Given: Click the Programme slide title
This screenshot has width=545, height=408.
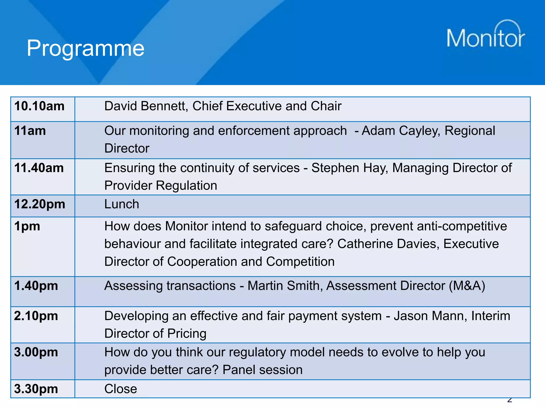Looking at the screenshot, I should coord(85,48).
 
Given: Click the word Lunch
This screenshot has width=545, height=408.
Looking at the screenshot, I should coord(122,204).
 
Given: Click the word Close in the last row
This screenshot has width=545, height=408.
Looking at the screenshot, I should coord(121,389).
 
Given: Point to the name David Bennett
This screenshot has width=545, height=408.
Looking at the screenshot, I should coord(146,106).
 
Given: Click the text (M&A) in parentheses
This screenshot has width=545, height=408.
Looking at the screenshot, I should coord(467,286).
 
